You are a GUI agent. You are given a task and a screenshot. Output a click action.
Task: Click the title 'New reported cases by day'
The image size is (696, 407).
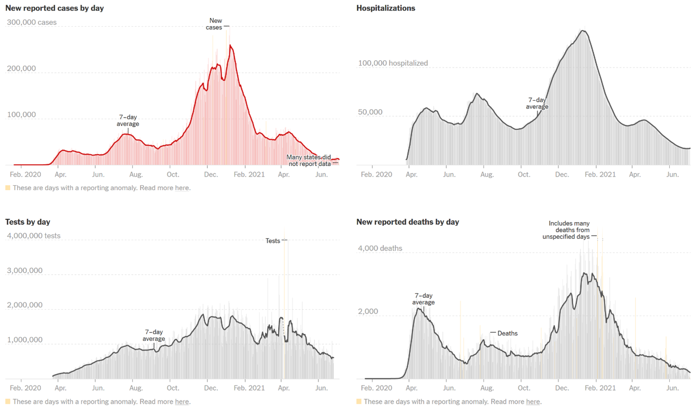[54, 8]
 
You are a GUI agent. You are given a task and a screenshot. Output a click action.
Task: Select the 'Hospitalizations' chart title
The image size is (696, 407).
[385, 8]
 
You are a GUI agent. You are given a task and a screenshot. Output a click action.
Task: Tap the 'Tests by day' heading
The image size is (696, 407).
[28, 222]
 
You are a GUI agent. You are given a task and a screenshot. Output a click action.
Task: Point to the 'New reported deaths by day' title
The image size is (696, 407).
[408, 222]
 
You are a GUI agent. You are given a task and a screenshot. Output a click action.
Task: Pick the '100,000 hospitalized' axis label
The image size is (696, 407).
[393, 63]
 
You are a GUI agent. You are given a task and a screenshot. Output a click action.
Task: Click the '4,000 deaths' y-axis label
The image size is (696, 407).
[380, 248]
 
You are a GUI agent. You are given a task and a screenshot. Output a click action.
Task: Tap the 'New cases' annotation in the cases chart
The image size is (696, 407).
[215, 24]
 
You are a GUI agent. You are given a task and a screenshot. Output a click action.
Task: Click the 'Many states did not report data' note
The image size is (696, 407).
[309, 160]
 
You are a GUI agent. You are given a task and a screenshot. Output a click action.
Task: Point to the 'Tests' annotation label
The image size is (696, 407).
[273, 241]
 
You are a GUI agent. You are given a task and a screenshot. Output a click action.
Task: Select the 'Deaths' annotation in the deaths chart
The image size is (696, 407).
[508, 334]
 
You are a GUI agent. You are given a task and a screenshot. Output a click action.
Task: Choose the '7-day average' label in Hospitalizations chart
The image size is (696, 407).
[538, 103]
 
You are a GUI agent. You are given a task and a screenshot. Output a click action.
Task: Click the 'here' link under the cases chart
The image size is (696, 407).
[182, 188]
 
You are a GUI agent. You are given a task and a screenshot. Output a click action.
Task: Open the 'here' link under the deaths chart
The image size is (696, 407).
[533, 402]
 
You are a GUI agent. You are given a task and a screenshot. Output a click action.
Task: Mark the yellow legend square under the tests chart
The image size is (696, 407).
[8, 402]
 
